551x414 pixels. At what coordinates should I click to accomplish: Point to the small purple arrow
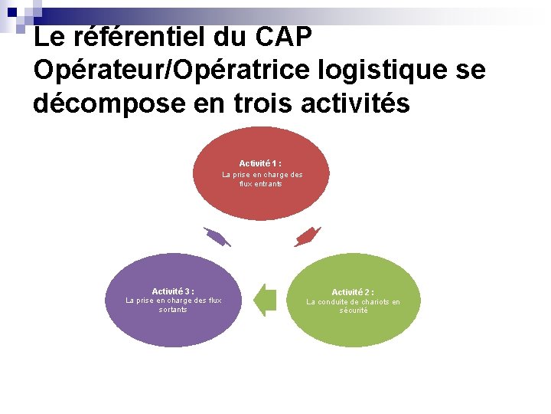217,237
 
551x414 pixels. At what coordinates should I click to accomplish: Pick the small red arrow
307,236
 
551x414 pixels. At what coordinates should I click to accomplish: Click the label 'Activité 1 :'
260,163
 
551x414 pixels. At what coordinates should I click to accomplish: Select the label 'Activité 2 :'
353,292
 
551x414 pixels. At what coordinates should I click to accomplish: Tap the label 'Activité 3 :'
173,291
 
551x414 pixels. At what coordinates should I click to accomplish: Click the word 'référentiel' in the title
135,37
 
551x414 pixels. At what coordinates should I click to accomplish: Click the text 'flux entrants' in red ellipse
261,184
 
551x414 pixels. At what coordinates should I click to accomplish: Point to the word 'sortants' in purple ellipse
173,310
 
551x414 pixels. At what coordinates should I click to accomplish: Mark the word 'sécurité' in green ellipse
354,310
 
